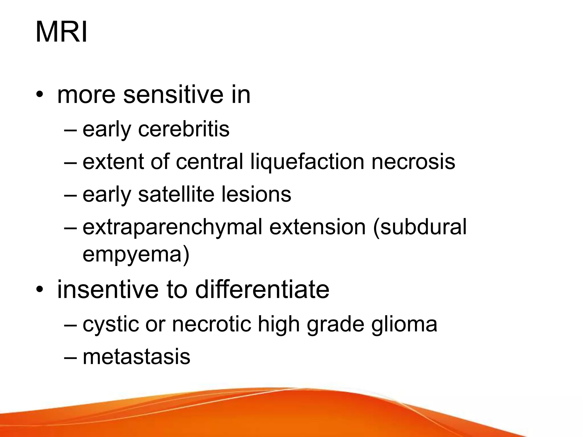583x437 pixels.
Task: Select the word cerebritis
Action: pyautogui.click(x=184, y=129)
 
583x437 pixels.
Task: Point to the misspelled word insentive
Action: pyautogui.click(x=108, y=290)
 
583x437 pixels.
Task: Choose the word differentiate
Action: pyautogui.click(x=262, y=290)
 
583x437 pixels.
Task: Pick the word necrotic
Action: pyautogui.click(x=212, y=324)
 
